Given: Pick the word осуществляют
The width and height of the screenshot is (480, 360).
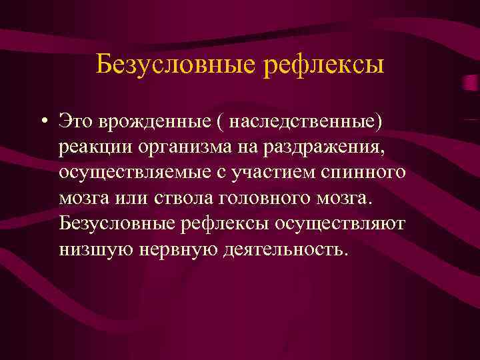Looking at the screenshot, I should click(x=347, y=223).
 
